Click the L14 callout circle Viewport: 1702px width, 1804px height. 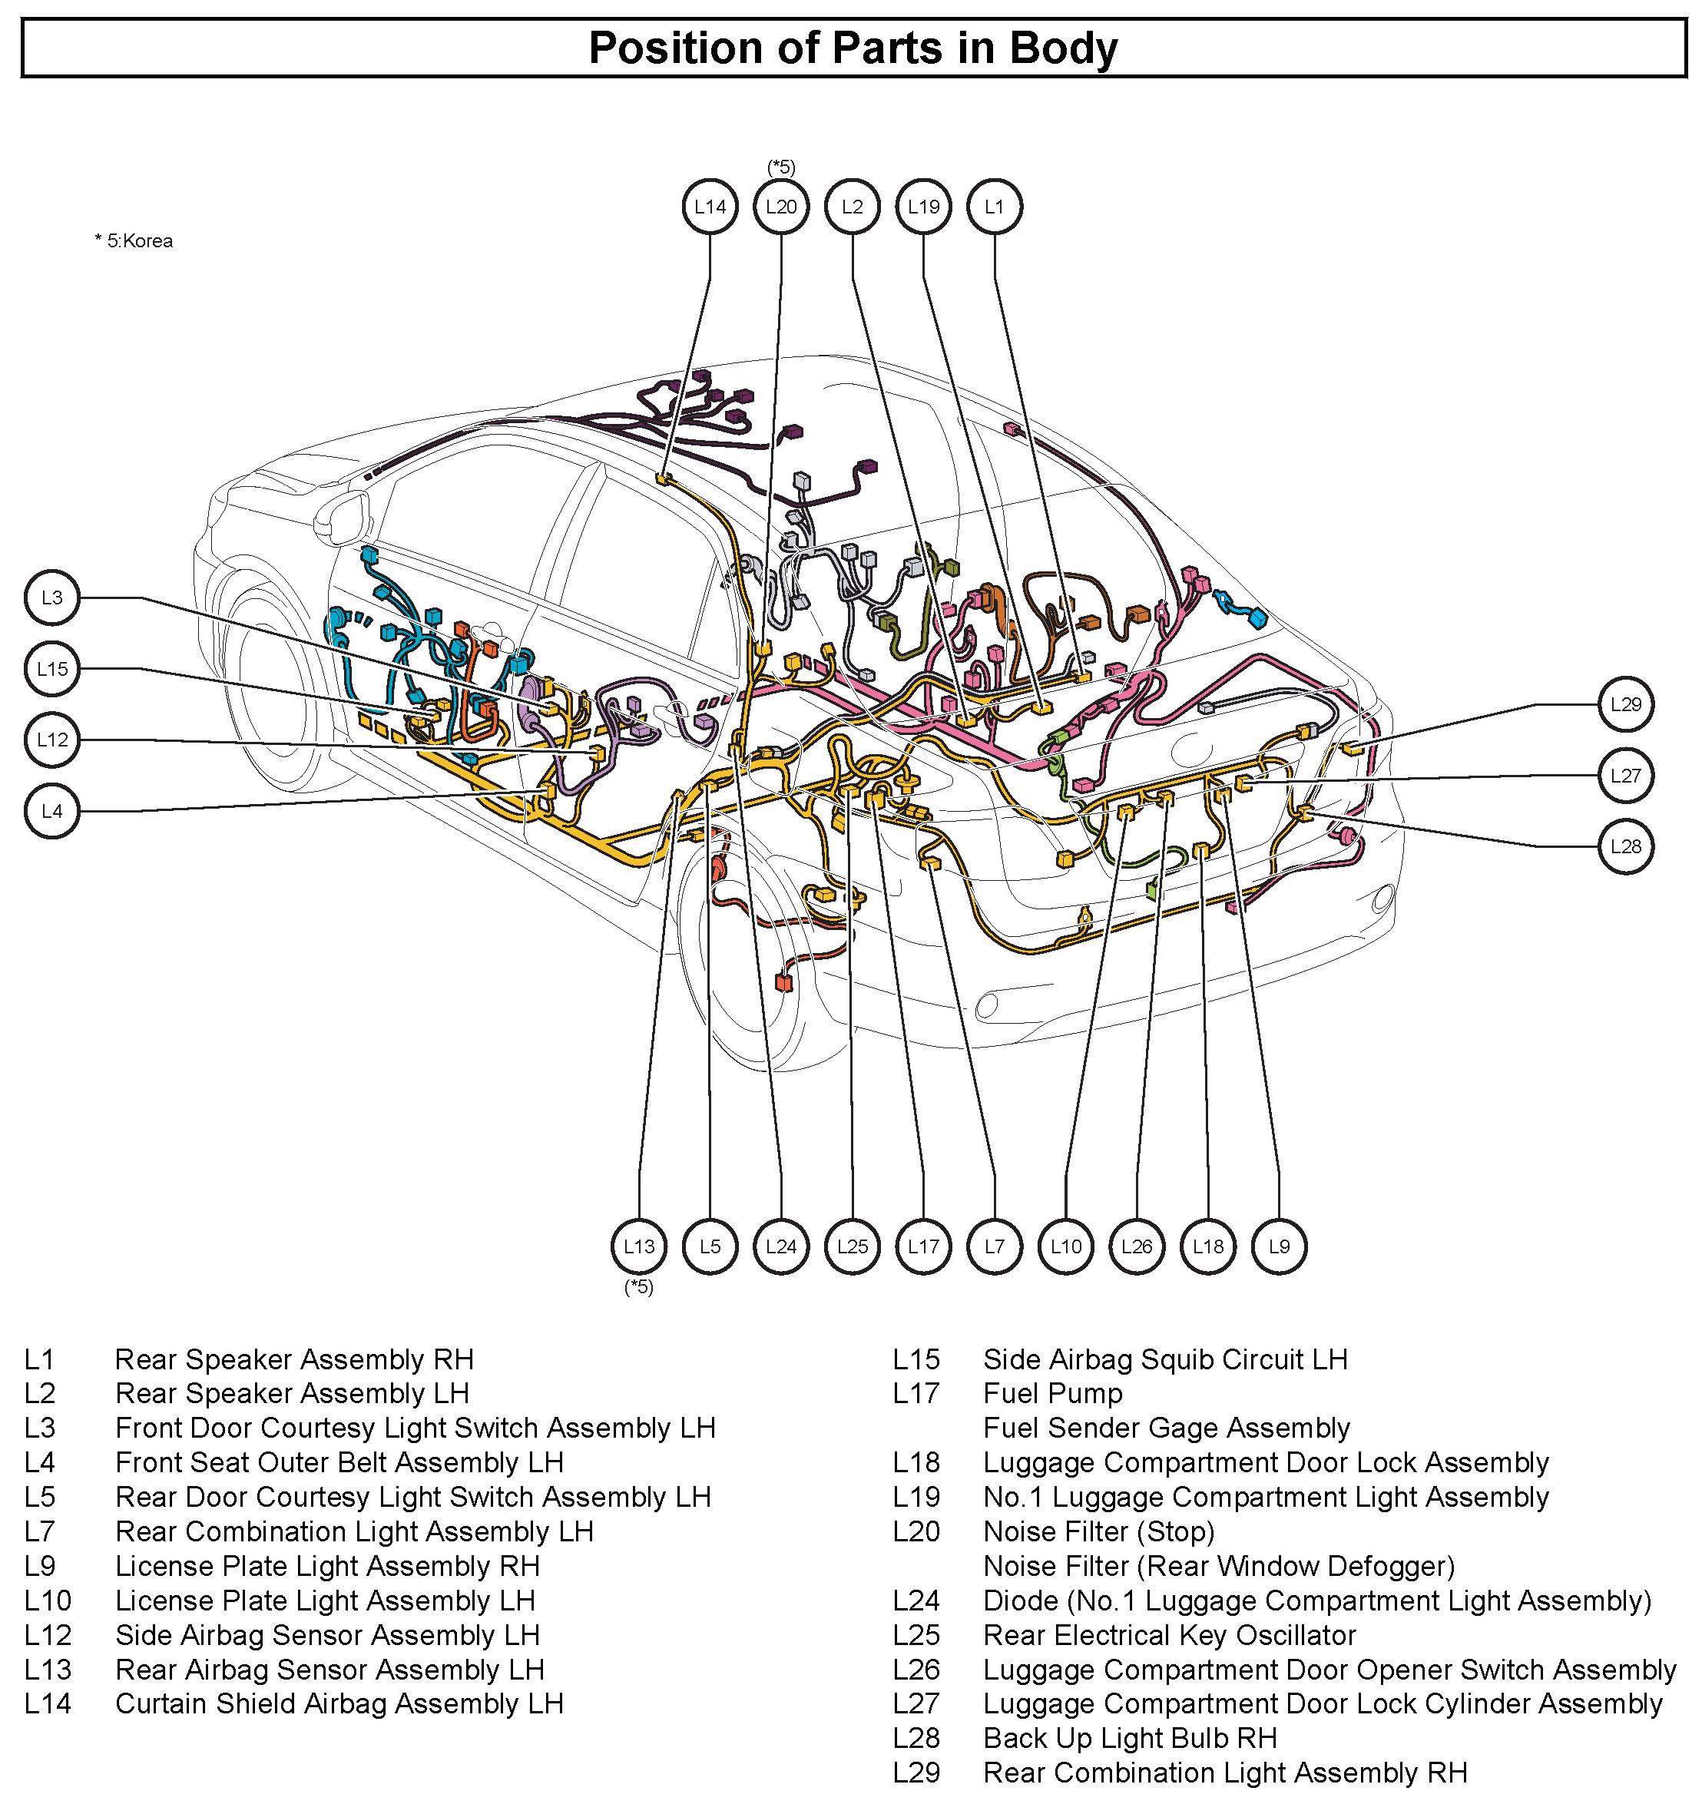pyautogui.click(x=710, y=207)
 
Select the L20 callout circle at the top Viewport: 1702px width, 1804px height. pyautogui.click(x=780, y=207)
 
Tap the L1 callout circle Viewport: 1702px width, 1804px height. pyautogui.click(x=995, y=207)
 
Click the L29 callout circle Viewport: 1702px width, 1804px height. pyautogui.click(x=1626, y=704)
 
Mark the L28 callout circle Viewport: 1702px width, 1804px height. pyautogui.click(x=1626, y=846)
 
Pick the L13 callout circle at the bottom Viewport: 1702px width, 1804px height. pyautogui.click(x=639, y=1247)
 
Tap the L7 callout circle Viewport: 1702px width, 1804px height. pyautogui.click(x=995, y=1247)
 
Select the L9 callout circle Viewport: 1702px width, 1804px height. pyautogui.click(x=1279, y=1247)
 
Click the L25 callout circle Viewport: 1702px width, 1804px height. pyautogui.click(x=853, y=1247)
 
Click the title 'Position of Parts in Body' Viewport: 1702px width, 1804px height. pyautogui.click(x=853, y=48)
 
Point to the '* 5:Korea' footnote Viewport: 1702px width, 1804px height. pyautogui.click(x=134, y=241)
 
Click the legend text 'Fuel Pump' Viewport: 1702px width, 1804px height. pyautogui.click(x=1053, y=1394)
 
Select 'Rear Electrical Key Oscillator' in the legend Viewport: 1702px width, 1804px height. pyautogui.click(x=1169, y=1635)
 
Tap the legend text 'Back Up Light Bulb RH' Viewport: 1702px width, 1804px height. pyautogui.click(x=1130, y=1738)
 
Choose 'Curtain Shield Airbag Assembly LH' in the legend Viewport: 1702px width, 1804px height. pyautogui.click(x=339, y=1703)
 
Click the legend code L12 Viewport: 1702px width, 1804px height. pyautogui.click(x=47, y=1635)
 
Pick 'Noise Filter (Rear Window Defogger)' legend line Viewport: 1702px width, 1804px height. pyautogui.click(x=1219, y=1566)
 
